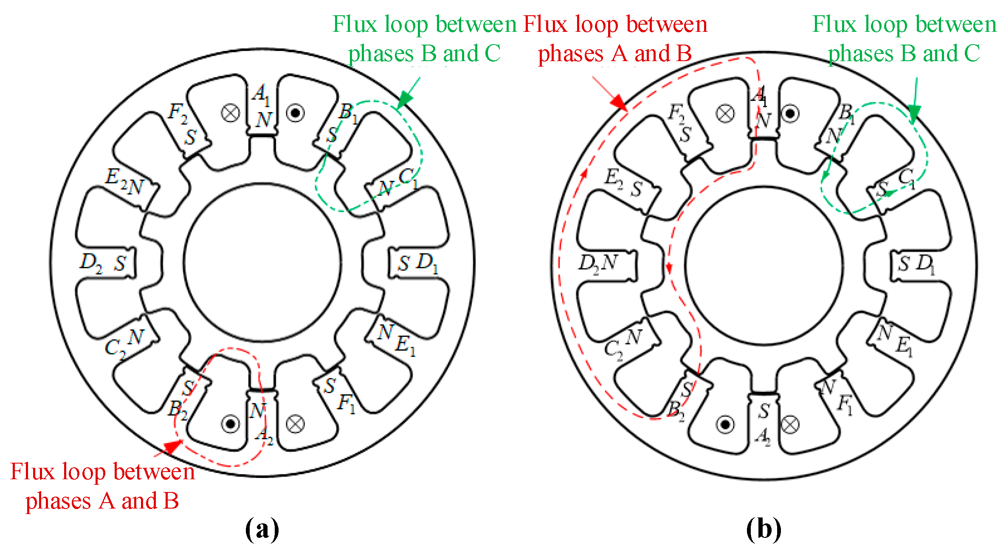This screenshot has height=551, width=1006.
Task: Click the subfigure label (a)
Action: (x=262, y=529)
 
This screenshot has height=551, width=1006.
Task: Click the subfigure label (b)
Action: (x=763, y=529)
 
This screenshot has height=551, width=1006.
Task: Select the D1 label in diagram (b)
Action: (x=925, y=264)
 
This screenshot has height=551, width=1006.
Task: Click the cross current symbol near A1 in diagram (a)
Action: (x=231, y=113)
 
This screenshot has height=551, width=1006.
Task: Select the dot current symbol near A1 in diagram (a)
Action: (x=295, y=113)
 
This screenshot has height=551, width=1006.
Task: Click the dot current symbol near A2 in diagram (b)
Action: (x=725, y=424)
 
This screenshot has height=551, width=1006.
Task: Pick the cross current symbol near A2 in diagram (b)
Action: (x=790, y=424)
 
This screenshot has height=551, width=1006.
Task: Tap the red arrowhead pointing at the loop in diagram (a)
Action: (x=173, y=447)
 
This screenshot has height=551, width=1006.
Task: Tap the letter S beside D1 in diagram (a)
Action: (x=403, y=264)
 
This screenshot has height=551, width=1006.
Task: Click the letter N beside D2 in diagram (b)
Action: (x=609, y=263)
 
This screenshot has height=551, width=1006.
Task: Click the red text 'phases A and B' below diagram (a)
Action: (x=102, y=501)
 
